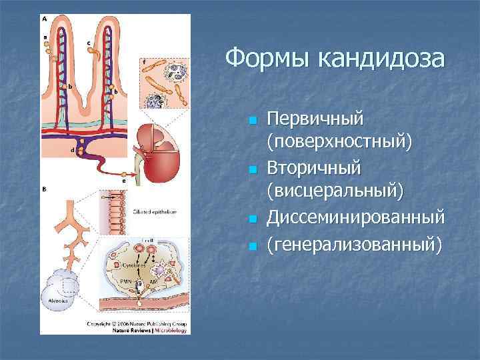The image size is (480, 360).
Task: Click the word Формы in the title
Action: [266, 58]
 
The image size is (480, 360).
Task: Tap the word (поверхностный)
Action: [339, 142]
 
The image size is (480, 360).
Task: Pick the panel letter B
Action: [45, 189]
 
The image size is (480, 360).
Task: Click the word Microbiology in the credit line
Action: [171, 329]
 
